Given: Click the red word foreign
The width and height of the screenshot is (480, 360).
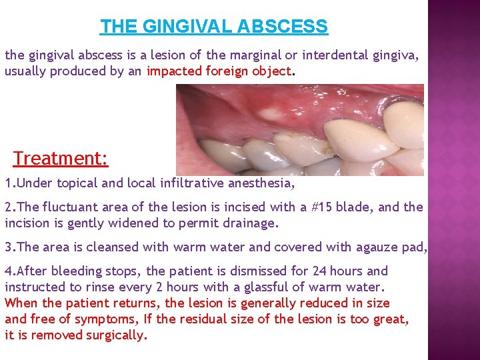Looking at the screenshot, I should click(223, 71).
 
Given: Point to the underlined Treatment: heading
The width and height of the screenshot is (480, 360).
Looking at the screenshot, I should click(61, 159).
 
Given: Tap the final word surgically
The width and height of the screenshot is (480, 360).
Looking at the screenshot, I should click(116, 335).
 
